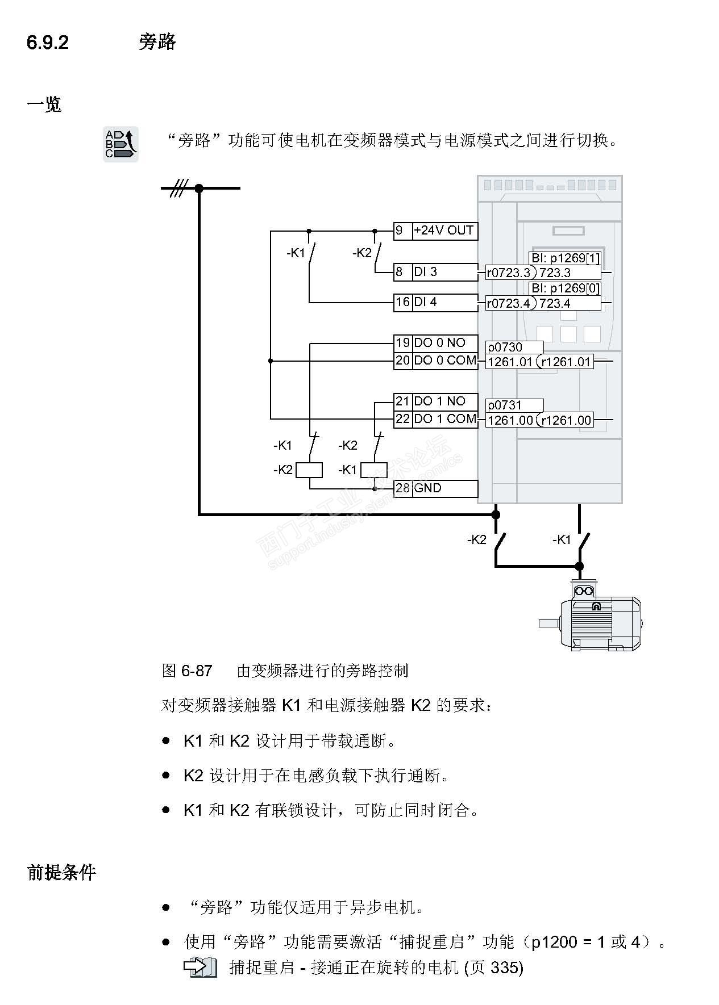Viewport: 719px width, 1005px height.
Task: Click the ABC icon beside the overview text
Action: [x=120, y=144]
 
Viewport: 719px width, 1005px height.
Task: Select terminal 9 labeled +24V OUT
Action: [x=435, y=231]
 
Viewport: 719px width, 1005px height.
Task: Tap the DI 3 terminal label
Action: [x=435, y=272]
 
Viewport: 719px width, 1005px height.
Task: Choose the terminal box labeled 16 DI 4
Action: [x=435, y=302]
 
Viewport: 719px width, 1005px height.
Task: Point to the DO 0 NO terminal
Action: [x=435, y=343]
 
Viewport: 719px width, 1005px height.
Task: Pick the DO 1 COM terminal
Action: [x=435, y=419]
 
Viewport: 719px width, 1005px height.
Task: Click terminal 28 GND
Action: [x=435, y=488]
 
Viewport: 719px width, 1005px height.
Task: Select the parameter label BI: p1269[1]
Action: [x=565, y=258]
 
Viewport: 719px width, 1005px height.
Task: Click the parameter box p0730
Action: [x=514, y=347]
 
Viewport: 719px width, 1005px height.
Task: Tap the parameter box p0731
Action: [x=514, y=405]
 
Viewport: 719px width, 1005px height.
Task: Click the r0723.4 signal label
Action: [x=508, y=303]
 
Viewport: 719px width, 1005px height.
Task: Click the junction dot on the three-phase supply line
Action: [x=199, y=188]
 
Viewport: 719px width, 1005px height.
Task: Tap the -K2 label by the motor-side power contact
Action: [x=476, y=539]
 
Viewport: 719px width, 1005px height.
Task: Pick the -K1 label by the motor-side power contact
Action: [x=562, y=539]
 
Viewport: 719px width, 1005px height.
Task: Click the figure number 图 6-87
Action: [x=187, y=671]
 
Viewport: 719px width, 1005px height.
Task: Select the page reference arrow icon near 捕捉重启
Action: [x=200, y=967]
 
